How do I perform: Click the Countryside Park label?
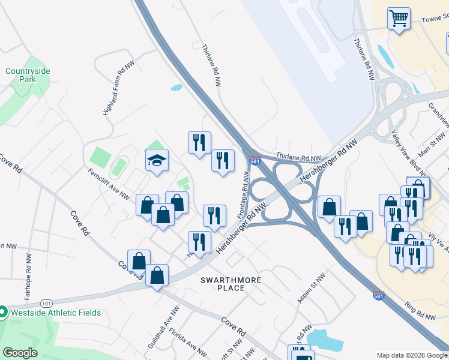[28, 75]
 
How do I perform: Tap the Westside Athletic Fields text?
[53, 313]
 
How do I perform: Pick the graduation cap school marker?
[157, 160]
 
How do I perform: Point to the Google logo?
[20, 352]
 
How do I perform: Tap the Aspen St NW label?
[312, 288]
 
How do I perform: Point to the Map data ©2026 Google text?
[412, 355]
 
